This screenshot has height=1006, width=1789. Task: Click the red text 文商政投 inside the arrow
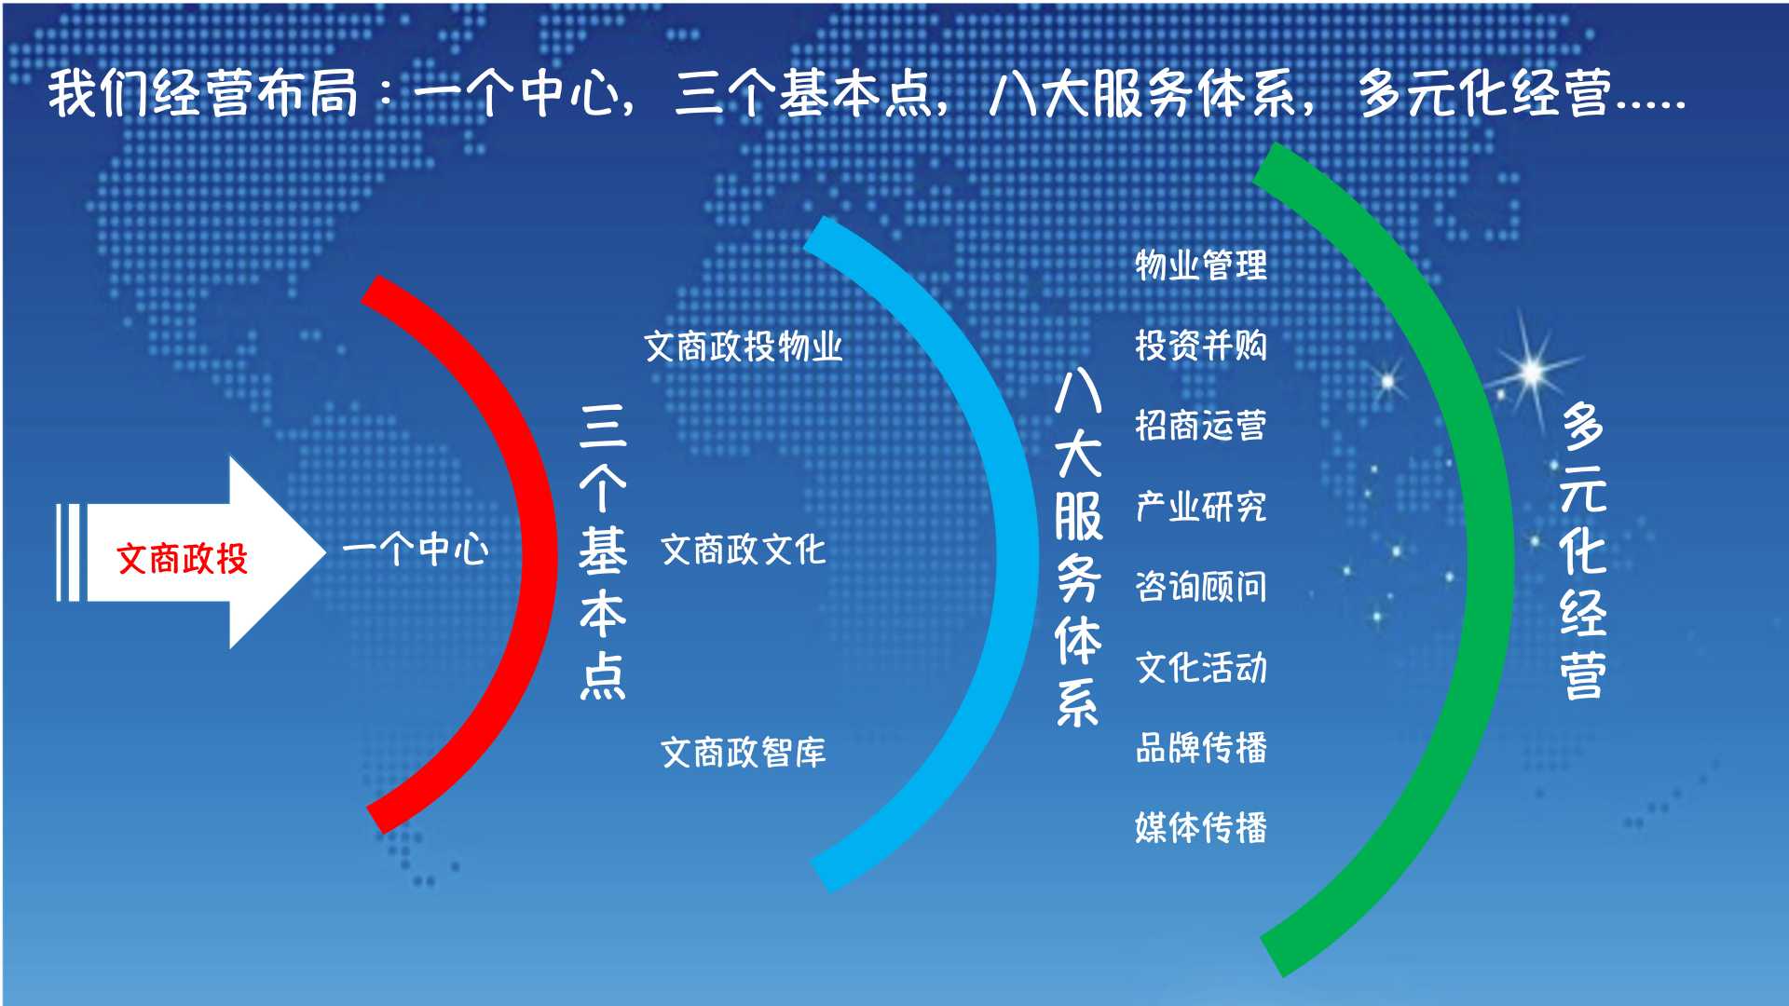pyautogui.click(x=183, y=559)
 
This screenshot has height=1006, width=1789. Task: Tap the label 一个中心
pyautogui.click(x=416, y=550)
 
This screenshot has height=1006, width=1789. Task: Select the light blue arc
pyautogui.click(x=1016, y=559)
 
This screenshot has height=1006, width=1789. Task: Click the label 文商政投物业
pyautogui.click(x=744, y=347)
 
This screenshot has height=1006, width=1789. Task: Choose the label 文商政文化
pyautogui.click(x=744, y=550)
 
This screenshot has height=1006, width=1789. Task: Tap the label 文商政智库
pyautogui.click(x=744, y=753)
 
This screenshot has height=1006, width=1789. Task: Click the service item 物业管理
pyautogui.click(x=1201, y=265)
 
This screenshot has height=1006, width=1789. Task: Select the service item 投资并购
pyautogui.click(x=1201, y=346)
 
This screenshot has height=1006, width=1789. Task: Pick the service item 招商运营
pyautogui.click(x=1201, y=426)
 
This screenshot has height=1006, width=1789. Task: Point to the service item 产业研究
pyautogui.click(x=1201, y=507)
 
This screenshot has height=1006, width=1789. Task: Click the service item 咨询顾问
pyautogui.click(x=1201, y=587)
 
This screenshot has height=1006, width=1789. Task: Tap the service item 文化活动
pyautogui.click(x=1201, y=667)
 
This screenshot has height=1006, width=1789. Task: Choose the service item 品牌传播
pyautogui.click(x=1201, y=747)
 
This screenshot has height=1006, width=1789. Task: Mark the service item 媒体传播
pyautogui.click(x=1201, y=827)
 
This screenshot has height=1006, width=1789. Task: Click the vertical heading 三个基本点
pyautogui.click(x=603, y=551)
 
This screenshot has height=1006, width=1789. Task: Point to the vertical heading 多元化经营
pyautogui.click(x=1583, y=551)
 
